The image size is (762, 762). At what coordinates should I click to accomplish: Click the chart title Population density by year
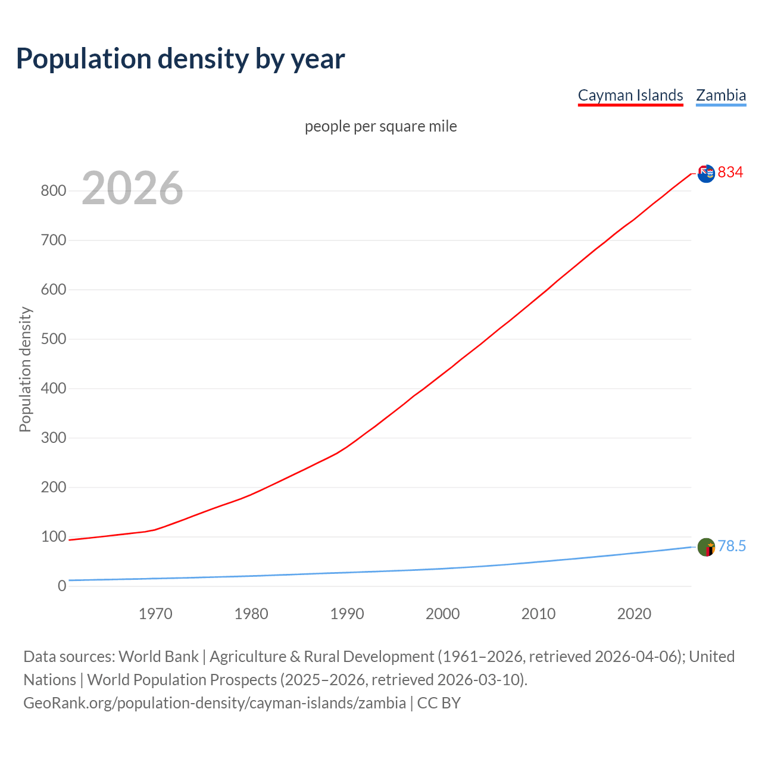point(180,58)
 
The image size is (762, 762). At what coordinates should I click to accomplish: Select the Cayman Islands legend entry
point(630,95)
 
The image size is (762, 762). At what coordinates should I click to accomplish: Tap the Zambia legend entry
point(721,95)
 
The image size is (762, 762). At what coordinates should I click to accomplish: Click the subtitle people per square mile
point(381,126)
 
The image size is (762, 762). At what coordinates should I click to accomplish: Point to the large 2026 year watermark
point(132,188)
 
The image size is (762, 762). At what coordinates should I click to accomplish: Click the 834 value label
point(730,172)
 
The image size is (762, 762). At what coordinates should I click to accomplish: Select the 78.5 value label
point(732,546)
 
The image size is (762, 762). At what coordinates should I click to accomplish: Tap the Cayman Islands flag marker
point(706,173)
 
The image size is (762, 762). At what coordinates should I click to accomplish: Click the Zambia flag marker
point(706,546)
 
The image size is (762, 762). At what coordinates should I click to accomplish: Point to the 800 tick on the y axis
point(53,191)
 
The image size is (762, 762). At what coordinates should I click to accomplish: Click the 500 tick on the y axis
point(53,339)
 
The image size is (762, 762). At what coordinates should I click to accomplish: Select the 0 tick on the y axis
point(62,586)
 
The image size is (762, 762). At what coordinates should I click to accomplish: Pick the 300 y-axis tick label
point(53,438)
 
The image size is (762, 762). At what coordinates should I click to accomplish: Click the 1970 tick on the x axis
point(155,614)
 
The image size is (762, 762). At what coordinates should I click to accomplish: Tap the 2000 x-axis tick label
point(442,614)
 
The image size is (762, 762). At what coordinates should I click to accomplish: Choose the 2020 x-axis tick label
point(634,614)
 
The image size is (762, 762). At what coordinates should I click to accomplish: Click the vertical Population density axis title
point(25,369)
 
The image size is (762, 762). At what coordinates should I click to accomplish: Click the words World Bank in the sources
point(158,657)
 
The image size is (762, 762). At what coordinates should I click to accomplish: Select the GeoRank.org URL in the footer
point(214,703)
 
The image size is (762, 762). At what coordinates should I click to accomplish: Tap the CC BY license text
point(439,703)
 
